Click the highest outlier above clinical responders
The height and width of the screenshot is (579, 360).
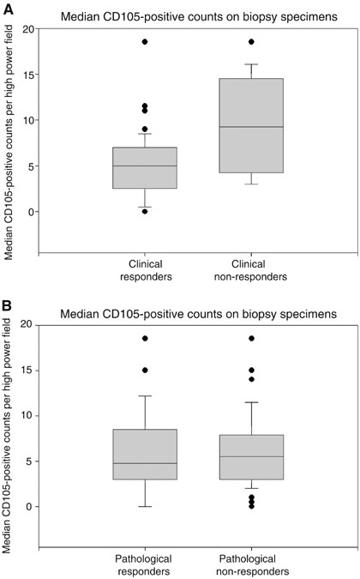[x=145, y=41]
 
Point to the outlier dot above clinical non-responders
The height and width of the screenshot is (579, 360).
[x=251, y=41]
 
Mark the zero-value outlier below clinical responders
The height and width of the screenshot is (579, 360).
[x=145, y=211]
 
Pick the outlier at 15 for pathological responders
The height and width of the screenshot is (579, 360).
[x=145, y=371]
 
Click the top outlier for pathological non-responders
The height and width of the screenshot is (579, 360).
[x=251, y=339]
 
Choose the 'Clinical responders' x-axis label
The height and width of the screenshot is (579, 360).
[x=145, y=270]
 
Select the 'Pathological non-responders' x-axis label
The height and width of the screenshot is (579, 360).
[x=251, y=565]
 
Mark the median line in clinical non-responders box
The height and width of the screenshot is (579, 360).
[x=251, y=127]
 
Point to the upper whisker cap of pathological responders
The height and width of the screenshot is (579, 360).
[x=145, y=396]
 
